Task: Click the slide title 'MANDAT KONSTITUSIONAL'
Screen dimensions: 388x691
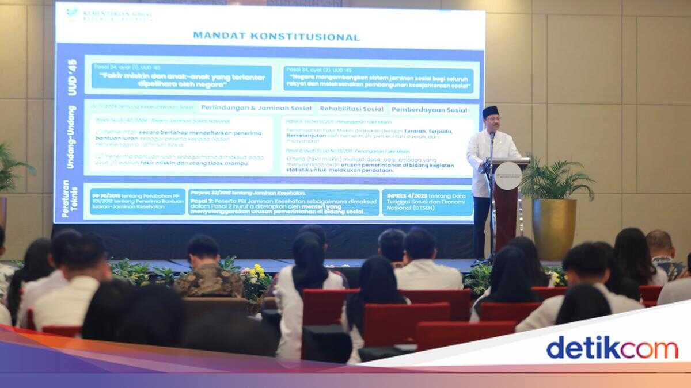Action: pyautogui.click(x=276, y=37)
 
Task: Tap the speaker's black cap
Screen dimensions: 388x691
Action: pyautogui.click(x=490, y=111)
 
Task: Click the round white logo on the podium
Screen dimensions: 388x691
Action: pyautogui.click(x=508, y=176)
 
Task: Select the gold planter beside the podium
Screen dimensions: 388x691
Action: pyautogui.click(x=554, y=228)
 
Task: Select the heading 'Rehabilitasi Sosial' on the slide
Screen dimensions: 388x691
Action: pyautogui.click(x=351, y=109)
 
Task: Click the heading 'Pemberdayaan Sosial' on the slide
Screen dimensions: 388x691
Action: pyautogui.click(x=429, y=109)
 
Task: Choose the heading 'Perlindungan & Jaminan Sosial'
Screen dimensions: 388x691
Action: pyautogui.click(x=256, y=108)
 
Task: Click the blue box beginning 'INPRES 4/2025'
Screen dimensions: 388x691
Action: pyautogui.click(x=427, y=202)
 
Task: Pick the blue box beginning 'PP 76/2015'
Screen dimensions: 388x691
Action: pyautogui.click(x=138, y=202)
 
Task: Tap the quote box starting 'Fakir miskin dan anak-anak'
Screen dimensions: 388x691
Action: pyautogui.click(x=181, y=78)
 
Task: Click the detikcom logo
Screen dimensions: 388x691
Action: pyautogui.click(x=612, y=348)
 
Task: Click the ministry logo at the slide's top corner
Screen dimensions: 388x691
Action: pyautogui.click(x=73, y=12)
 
